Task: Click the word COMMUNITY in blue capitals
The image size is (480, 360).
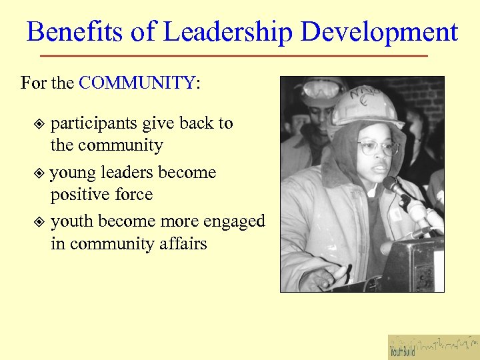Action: (137, 83)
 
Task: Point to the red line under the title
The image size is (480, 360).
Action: (233, 55)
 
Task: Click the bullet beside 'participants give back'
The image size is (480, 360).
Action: (39, 124)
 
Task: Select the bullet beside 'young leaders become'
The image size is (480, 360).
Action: (39, 173)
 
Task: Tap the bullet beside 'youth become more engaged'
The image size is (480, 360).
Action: (39, 221)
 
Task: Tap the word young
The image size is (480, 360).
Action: (71, 173)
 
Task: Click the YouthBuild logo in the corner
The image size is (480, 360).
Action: (433, 347)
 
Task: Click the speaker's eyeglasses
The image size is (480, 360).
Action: (377, 148)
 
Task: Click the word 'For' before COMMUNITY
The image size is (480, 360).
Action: (33, 83)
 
